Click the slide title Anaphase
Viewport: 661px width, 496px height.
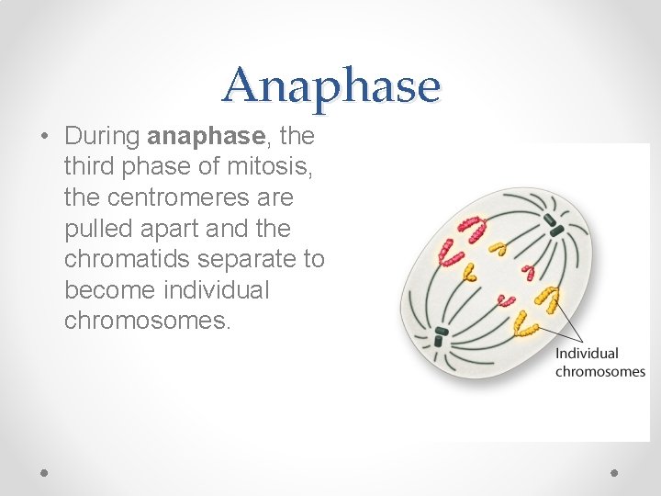(x=330, y=85)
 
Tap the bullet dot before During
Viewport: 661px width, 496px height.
(x=45, y=137)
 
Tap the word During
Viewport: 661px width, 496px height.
(x=102, y=137)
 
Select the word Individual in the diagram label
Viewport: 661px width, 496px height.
(x=587, y=353)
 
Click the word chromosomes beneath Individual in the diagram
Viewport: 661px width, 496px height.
(x=600, y=371)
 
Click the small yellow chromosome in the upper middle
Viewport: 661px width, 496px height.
(x=499, y=247)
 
